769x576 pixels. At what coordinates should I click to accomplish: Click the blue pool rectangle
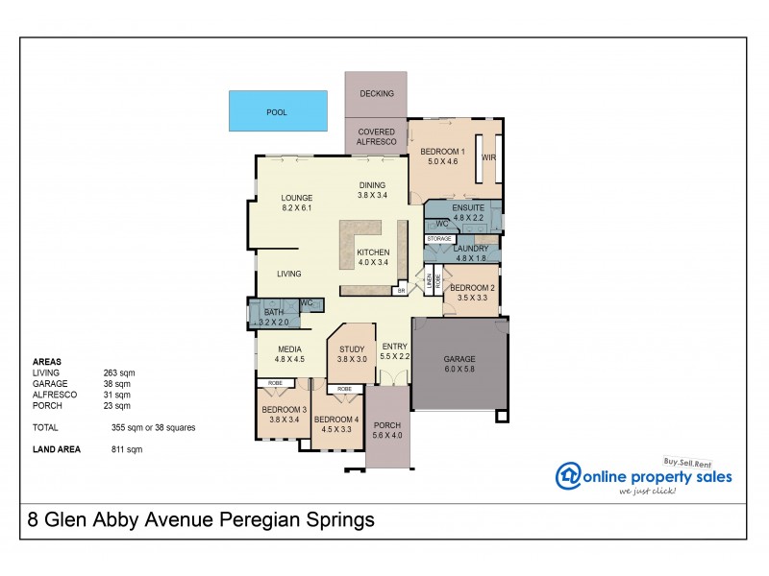(x=277, y=111)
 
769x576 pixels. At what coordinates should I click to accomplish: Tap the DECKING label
(x=376, y=93)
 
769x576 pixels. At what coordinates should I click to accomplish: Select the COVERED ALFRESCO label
(x=376, y=136)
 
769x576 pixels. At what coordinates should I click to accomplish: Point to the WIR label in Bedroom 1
(x=487, y=156)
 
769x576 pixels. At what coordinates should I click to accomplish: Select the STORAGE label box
(x=439, y=238)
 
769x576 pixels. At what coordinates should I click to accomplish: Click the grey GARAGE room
(x=459, y=365)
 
